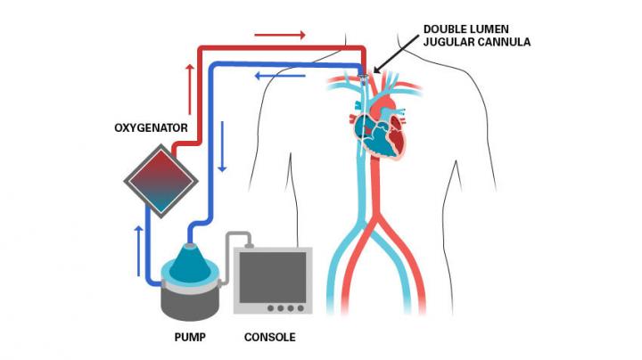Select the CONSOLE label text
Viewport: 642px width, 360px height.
(x=269, y=338)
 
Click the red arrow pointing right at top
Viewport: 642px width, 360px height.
(x=279, y=36)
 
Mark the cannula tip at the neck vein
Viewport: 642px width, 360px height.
(x=365, y=81)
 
